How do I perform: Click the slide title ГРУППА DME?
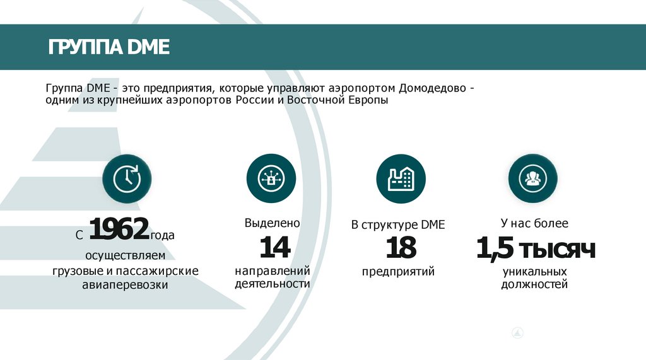(109, 47)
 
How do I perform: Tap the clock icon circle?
(127, 178)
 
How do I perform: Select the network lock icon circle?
(271, 178)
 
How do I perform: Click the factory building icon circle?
(401, 178)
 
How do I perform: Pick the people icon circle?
(533, 178)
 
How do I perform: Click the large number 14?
(274, 247)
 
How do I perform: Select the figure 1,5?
(495, 248)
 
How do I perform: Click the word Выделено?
(272, 223)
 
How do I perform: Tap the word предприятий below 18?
(398, 272)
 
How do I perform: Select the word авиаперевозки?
(125, 285)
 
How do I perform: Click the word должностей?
(534, 284)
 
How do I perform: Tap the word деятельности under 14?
(272, 284)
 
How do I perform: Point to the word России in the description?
(259, 100)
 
